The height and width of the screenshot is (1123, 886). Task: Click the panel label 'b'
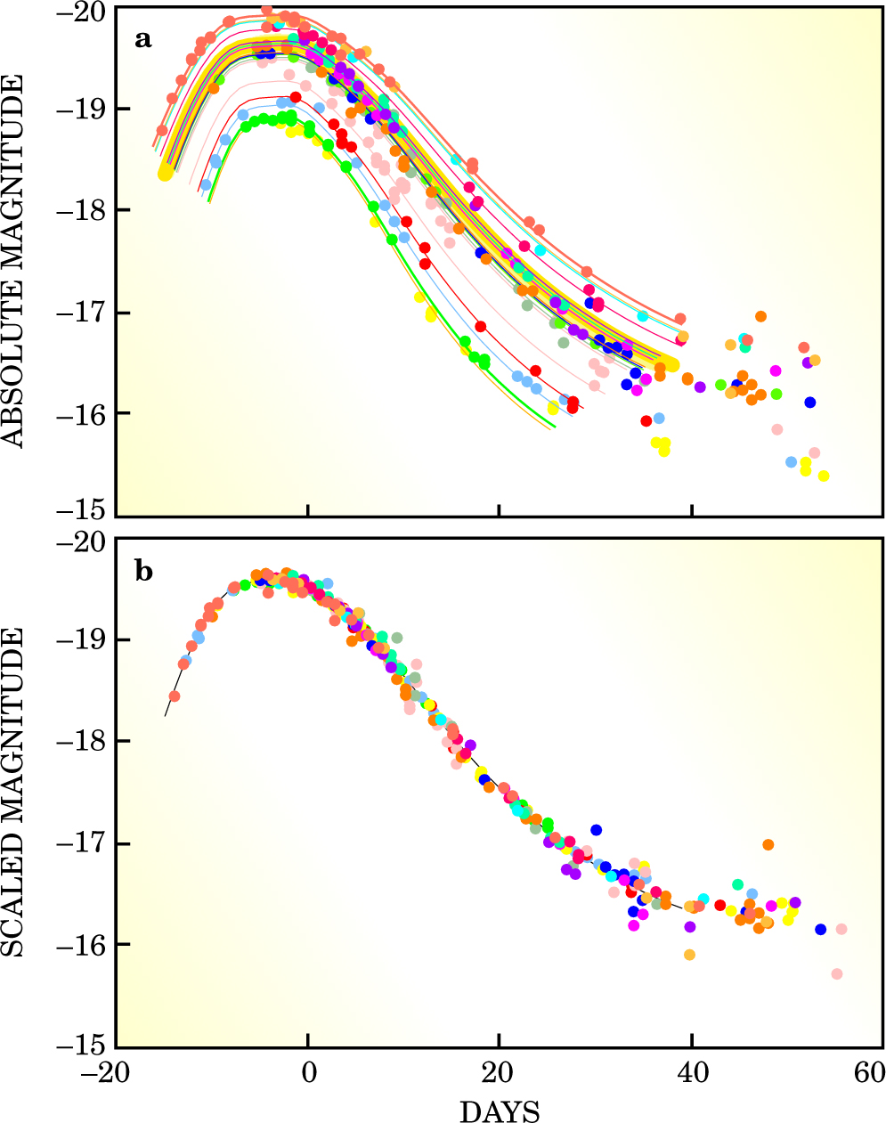[143, 571]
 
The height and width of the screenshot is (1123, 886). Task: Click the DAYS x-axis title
[500, 1111]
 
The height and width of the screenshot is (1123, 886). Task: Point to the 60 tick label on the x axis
[868, 1071]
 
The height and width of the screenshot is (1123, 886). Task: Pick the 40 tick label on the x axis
[691, 1071]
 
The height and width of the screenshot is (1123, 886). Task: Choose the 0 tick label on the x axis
[308, 1071]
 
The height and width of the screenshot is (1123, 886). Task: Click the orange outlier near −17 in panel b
[768, 844]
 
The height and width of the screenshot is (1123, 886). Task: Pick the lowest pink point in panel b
[837, 973]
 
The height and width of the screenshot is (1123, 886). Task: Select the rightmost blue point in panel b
[820, 929]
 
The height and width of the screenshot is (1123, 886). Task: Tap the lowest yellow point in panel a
[824, 476]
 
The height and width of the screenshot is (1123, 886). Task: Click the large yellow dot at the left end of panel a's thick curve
[165, 173]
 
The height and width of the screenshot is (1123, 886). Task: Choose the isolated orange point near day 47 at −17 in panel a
[760, 316]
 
